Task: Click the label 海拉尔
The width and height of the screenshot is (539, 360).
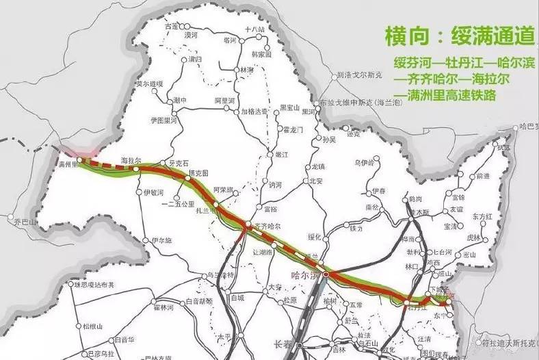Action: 131,159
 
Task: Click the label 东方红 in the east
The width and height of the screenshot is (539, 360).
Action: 483,215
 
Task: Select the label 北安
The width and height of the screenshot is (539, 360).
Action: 315,181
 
